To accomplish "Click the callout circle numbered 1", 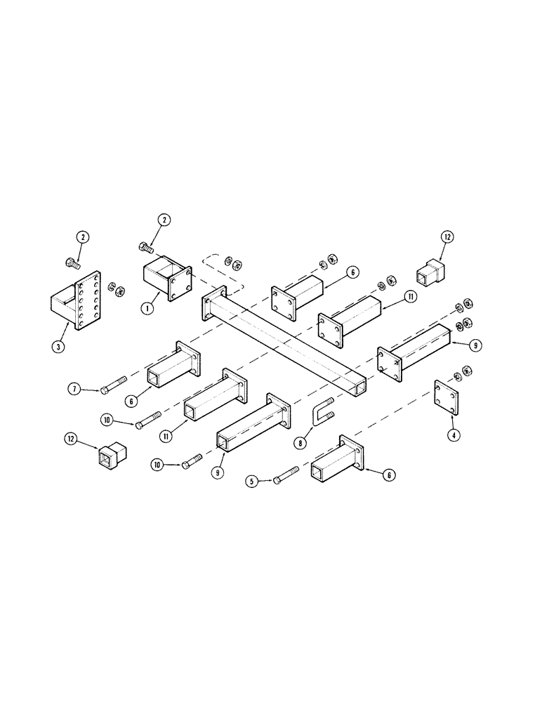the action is click(x=146, y=308).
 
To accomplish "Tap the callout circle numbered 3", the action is click(x=58, y=347).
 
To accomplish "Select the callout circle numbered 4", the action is click(x=454, y=434).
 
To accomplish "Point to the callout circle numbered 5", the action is click(x=252, y=482).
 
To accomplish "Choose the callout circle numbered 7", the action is click(x=74, y=389).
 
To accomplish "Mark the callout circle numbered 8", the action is click(x=300, y=443).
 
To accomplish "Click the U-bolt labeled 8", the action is click(x=323, y=411).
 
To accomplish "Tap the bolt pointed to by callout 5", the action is click(x=286, y=475).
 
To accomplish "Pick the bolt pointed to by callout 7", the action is click(x=114, y=385).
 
